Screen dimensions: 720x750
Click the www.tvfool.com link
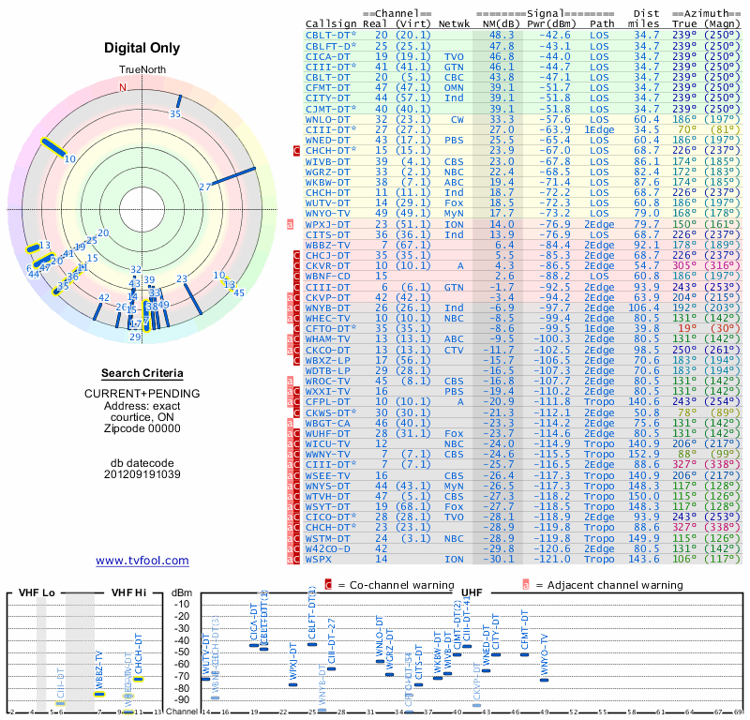pyautogui.click(x=142, y=561)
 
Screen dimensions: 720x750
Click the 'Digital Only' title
pyautogui.click(x=142, y=48)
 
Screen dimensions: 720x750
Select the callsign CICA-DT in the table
pyautogui.click(x=328, y=56)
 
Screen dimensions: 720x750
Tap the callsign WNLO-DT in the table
pyautogui.click(x=328, y=119)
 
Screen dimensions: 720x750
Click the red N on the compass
pyautogui.click(x=122, y=87)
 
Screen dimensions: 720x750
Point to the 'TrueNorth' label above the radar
pyautogui.click(x=142, y=70)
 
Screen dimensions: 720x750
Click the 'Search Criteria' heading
pyautogui.click(x=142, y=373)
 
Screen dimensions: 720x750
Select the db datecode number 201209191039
pyautogui.click(x=142, y=473)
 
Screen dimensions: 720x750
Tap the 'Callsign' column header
pyautogui.click(x=329, y=23)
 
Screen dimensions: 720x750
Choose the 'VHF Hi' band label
pyautogui.click(x=129, y=592)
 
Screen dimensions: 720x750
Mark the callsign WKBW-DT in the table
pyautogui.click(x=328, y=182)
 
